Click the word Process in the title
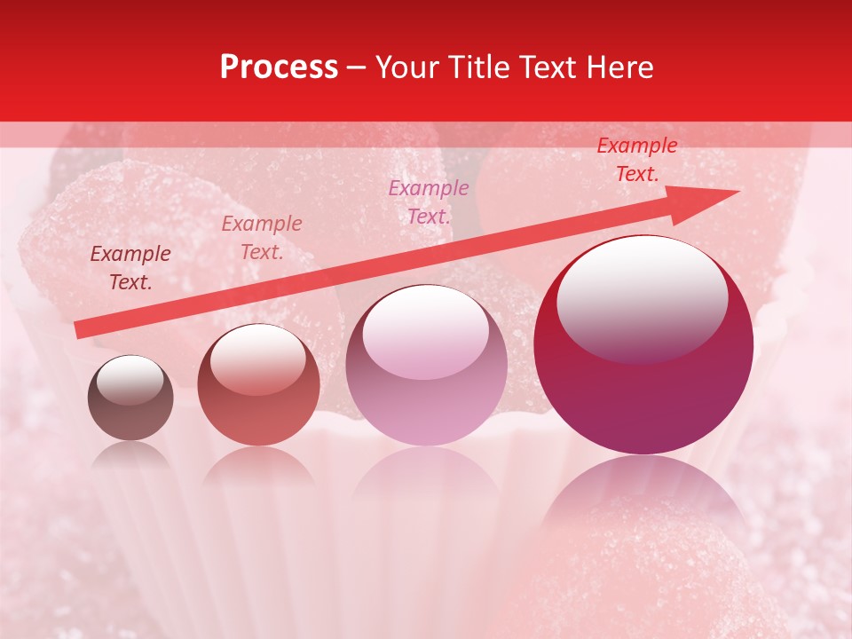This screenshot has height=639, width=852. point(279,67)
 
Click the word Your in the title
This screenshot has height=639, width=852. point(410,67)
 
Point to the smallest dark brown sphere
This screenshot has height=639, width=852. point(130,398)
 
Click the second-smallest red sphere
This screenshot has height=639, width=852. point(258,385)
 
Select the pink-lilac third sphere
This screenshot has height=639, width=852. point(426,366)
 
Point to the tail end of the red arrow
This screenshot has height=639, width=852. point(78,330)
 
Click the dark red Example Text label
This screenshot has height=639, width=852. point(130,268)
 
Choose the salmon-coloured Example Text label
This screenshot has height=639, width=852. point(262,238)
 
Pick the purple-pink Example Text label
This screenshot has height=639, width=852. point(429,201)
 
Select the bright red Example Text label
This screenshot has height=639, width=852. point(636,160)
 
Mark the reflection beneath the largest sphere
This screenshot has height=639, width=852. point(643,497)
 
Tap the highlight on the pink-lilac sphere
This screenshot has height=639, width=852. point(425,330)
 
